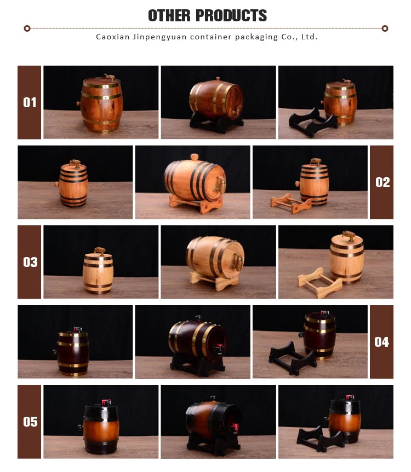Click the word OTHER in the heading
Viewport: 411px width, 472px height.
(x=169, y=15)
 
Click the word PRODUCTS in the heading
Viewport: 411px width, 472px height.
(x=231, y=15)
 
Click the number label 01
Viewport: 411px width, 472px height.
(x=30, y=102)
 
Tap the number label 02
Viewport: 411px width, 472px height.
(x=383, y=183)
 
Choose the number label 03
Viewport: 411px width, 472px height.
(x=30, y=262)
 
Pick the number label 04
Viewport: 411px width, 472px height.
(x=382, y=342)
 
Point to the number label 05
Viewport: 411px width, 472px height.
(x=30, y=422)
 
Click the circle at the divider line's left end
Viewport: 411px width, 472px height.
(x=27, y=28)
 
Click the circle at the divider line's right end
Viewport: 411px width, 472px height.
(x=385, y=28)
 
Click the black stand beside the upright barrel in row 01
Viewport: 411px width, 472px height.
(x=312, y=123)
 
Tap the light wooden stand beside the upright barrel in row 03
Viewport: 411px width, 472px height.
(x=319, y=283)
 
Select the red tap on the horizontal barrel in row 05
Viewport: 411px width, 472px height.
(x=233, y=428)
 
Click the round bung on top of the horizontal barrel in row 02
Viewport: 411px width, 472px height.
(x=195, y=157)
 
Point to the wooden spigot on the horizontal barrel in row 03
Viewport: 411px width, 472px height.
(x=237, y=261)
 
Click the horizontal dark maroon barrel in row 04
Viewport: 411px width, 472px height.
(x=197, y=340)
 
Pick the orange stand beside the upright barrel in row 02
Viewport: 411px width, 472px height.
(x=291, y=203)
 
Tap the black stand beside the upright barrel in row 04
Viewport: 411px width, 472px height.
(x=292, y=358)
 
